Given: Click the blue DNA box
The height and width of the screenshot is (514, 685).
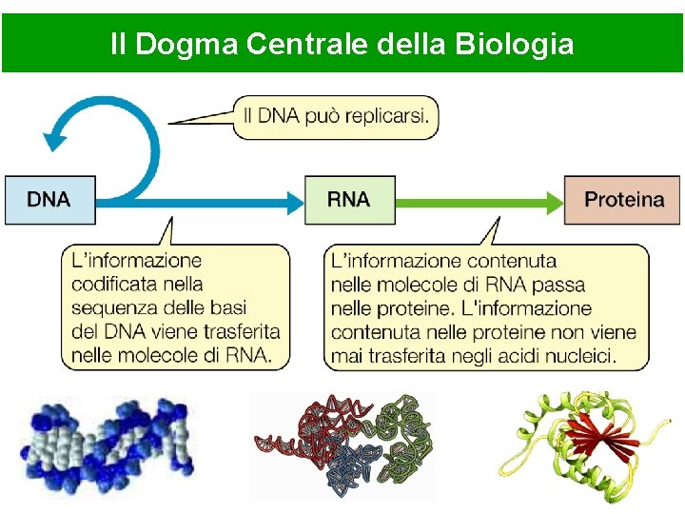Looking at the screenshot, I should (49, 200).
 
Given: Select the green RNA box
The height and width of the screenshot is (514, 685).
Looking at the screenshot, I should (349, 200).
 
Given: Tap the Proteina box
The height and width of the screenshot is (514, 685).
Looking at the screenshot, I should (623, 200).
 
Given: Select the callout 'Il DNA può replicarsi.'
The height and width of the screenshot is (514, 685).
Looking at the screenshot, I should (336, 116).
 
